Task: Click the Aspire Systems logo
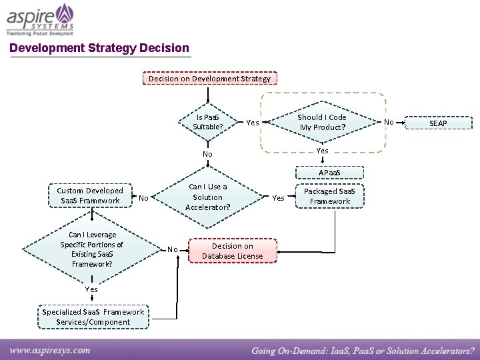41,19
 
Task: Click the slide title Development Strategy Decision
99,48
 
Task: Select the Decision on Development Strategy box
209,79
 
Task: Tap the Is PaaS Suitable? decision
208,122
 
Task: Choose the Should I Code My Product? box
323,122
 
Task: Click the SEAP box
438,123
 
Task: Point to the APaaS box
329,173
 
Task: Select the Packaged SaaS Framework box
329,196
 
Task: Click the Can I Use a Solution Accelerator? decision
207,197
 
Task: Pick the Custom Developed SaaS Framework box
90,196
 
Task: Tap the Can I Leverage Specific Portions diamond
91,249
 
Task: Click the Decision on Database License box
232,251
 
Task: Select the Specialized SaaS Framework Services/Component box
93,317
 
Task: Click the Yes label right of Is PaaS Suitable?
253,123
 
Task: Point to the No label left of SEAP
389,123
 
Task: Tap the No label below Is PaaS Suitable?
207,154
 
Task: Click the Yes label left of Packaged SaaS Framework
279,198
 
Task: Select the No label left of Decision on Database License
173,249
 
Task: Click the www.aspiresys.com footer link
50,349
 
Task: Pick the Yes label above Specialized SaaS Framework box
91,289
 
